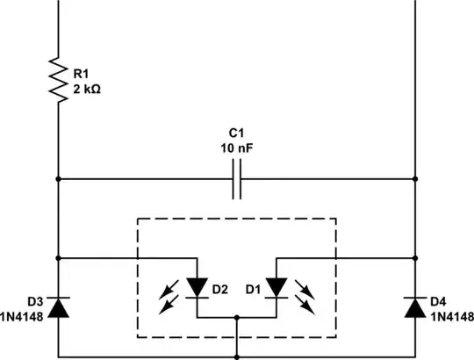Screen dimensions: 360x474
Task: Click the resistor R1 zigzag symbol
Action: click(58, 82)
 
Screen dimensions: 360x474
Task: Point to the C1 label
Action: click(236, 134)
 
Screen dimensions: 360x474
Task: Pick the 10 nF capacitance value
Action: click(236, 149)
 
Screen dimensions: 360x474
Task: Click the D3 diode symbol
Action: click(58, 306)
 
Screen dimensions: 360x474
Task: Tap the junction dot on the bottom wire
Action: click(237, 356)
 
